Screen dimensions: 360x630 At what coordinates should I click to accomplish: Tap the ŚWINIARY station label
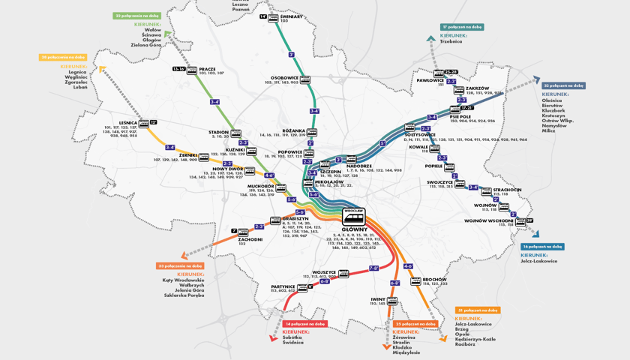[x=291, y=16]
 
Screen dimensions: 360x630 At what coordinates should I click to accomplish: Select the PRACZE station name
[x=207, y=69]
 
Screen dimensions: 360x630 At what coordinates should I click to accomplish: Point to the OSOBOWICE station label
[x=284, y=77]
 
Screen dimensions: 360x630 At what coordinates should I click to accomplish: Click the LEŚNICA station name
[x=127, y=122]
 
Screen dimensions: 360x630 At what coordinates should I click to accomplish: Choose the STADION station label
[x=218, y=132]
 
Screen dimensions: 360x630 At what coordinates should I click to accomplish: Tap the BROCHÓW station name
[x=434, y=279]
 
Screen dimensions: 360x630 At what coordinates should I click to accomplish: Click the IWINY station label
[x=377, y=298]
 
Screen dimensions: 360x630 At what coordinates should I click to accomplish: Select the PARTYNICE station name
[x=283, y=286]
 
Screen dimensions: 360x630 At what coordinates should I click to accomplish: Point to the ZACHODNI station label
[x=250, y=239]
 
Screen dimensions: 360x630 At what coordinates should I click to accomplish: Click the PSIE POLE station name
[x=460, y=116]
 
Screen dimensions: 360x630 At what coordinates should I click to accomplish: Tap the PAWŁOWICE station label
[x=430, y=80]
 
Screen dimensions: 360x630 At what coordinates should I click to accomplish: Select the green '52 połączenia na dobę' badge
[x=137, y=15]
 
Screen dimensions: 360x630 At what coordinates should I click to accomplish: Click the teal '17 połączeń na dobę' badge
[x=462, y=27]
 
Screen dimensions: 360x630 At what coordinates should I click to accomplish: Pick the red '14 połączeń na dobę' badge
[x=305, y=324]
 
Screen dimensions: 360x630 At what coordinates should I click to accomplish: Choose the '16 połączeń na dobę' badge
[x=542, y=246]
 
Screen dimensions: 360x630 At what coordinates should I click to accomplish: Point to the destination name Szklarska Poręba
[x=184, y=295]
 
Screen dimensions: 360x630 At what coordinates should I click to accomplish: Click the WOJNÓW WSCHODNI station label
[x=488, y=220]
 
